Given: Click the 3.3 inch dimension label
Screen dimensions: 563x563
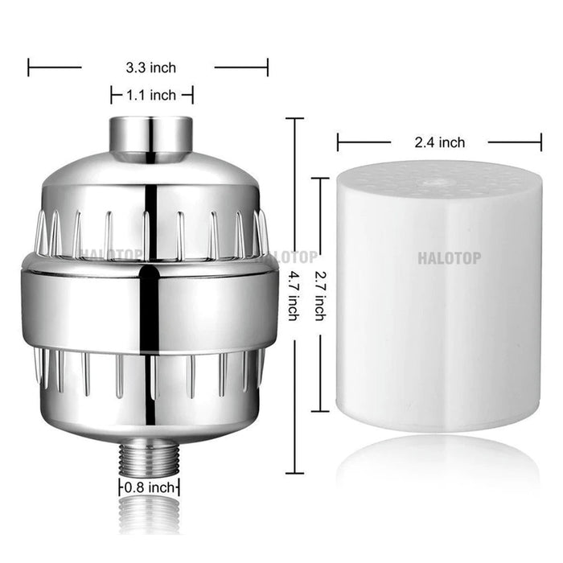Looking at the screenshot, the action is click(151, 68).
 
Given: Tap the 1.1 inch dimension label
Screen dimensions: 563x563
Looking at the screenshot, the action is click(151, 95).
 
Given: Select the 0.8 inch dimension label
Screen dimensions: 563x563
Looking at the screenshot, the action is click(149, 487).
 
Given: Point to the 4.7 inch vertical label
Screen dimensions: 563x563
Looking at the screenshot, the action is click(294, 295).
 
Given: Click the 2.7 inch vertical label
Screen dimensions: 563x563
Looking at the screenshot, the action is click(320, 295).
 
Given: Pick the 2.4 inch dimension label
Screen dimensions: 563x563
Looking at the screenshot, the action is click(439, 142).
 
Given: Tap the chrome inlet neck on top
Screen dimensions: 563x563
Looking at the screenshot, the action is click(151, 136).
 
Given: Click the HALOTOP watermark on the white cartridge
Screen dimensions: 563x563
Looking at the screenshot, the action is click(449, 258).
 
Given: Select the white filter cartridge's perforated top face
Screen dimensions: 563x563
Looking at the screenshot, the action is click(439, 179).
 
